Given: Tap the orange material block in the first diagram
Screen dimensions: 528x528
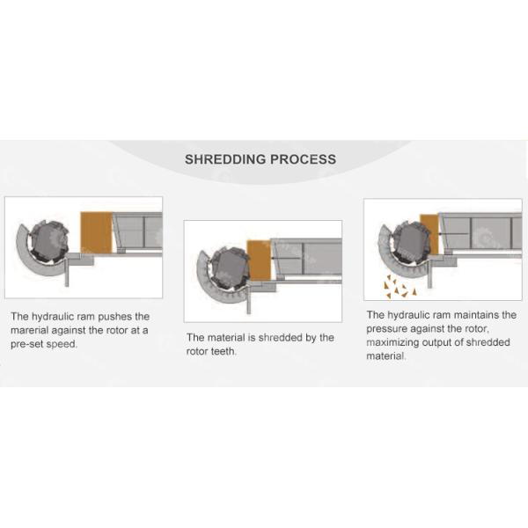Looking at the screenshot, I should tap(96, 231).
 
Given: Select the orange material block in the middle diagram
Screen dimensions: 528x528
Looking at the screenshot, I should tap(259, 261).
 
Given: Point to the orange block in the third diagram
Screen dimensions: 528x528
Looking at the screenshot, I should tap(429, 233).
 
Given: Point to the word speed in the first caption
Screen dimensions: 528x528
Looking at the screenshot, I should tap(64, 344).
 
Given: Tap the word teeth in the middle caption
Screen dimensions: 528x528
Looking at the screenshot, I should tap(231, 352).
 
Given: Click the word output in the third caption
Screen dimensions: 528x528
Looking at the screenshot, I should tap(444, 342).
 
